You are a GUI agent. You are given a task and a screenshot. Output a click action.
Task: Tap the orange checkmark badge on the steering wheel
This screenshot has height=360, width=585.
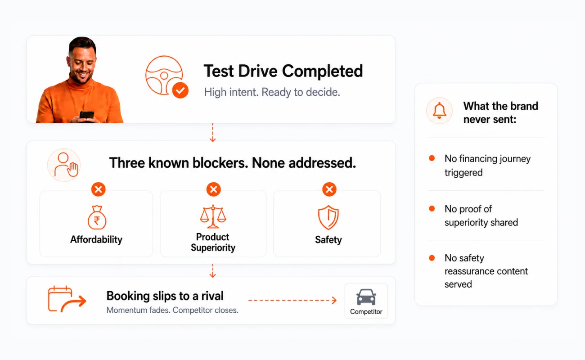pos(180,90)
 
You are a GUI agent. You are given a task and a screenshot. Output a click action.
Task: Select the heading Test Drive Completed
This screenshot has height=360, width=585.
pos(283,71)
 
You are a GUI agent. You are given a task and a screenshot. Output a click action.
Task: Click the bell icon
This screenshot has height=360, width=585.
pos(440,111)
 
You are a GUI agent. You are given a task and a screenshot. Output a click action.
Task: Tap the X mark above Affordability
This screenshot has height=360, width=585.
pos(99,189)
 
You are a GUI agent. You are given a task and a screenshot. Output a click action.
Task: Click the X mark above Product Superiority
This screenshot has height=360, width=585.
pos(213,189)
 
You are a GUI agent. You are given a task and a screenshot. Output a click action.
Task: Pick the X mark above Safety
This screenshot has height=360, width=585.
pos(329,189)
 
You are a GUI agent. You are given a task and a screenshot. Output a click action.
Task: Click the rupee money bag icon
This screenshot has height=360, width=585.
pos(97,217)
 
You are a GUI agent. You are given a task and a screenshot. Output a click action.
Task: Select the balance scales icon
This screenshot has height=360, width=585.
pos(213,216)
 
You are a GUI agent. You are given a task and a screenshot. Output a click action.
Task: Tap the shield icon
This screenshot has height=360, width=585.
pos(328,217)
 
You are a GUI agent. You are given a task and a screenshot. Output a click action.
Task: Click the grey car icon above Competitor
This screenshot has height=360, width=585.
pos(366,297)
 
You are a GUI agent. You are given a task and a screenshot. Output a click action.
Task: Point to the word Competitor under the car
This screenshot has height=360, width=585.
pos(366,312)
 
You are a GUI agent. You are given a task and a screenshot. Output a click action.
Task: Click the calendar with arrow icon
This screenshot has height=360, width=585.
pos(67,299)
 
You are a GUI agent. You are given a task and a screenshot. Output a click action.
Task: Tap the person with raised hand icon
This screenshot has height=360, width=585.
pos(66,165)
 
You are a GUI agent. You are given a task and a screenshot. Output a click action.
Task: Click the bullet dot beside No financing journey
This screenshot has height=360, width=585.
pos(432,158)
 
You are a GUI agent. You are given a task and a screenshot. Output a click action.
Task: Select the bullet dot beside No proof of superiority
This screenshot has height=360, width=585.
pos(432,208)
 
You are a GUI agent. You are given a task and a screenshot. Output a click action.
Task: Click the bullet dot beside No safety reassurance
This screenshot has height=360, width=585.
pos(432,258)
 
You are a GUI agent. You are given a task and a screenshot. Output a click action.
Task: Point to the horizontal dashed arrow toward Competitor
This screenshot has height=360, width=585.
pos(292,301)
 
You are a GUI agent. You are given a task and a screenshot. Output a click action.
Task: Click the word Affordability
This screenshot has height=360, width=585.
pos(96,239)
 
